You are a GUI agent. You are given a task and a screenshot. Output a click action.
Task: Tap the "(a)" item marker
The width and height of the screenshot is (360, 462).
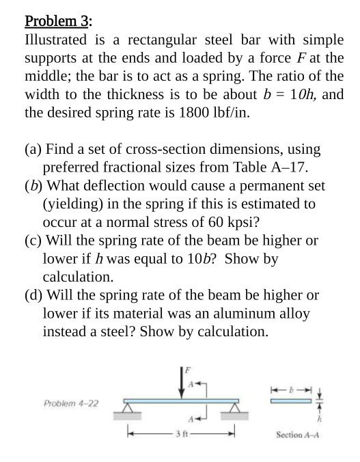(32, 148)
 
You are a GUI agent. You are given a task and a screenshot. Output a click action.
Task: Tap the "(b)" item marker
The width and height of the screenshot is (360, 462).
(32, 185)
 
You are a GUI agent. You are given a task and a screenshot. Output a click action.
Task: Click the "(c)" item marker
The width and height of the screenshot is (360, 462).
(32, 241)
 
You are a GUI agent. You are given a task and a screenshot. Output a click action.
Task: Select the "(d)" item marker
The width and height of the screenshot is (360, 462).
(32, 296)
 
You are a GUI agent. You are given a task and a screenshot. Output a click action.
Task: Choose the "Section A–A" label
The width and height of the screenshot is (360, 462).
(299, 434)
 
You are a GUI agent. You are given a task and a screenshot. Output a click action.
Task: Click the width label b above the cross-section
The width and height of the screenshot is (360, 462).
(293, 386)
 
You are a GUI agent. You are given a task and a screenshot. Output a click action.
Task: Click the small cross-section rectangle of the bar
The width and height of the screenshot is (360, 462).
(294, 402)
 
